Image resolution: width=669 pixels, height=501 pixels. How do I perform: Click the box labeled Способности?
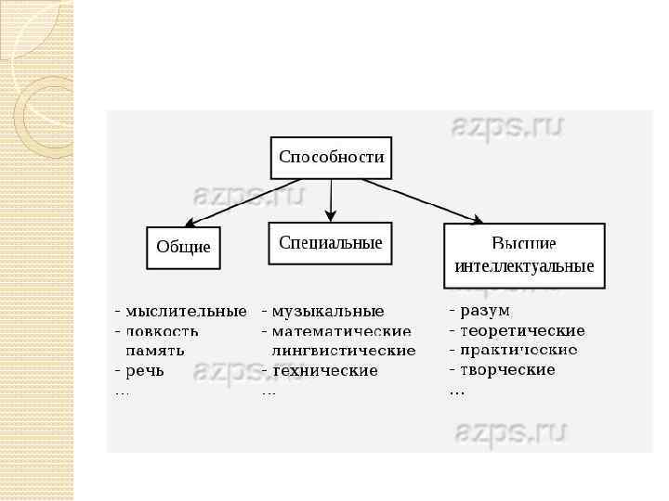coord(331,158)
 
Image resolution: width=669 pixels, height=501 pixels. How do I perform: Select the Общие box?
coord(183,248)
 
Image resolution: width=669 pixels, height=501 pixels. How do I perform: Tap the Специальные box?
coord(331,243)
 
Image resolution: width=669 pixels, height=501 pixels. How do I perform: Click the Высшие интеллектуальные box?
coord(524,255)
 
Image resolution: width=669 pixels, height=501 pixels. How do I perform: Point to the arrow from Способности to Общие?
coord(232,202)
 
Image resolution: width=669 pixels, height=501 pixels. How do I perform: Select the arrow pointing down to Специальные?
coord(331,199)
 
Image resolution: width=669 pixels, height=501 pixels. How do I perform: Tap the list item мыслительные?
coord(186,311)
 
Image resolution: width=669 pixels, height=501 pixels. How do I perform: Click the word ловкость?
coord(162,331)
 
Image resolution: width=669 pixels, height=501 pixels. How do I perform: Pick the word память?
coord(155,351)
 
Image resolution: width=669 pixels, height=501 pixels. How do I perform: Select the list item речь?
coord(145,370)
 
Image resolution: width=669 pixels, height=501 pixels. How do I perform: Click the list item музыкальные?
coord(328,311)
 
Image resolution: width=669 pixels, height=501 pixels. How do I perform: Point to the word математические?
coord(341,331)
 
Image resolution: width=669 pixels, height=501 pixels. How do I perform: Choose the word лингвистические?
coord(344,351)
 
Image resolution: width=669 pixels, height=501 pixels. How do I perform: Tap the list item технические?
coord(325,370)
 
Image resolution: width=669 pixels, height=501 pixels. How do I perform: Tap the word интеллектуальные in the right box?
coord(524,266)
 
